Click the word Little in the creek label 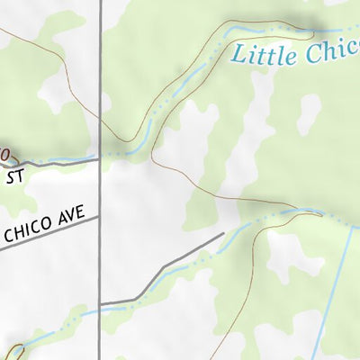[x=263, y=55]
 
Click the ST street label [x=14, y=177]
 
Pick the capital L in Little [x=238, y=55]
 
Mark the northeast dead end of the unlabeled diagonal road [x=223, y=234]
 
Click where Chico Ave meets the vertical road [x=100, y=217]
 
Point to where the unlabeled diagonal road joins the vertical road [x=100, y=303]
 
